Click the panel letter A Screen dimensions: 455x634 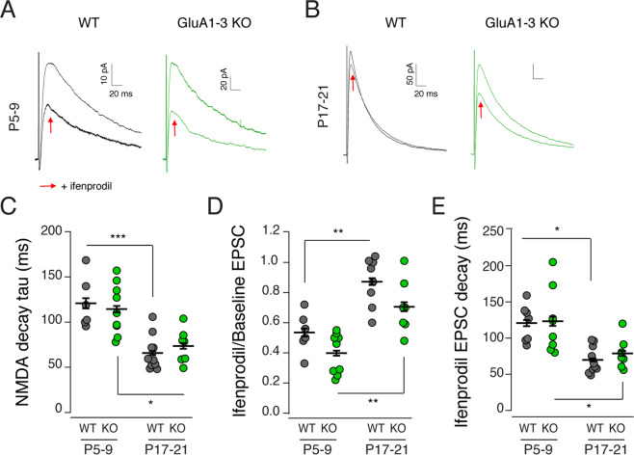point(9,10)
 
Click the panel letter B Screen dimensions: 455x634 point(317,10)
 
